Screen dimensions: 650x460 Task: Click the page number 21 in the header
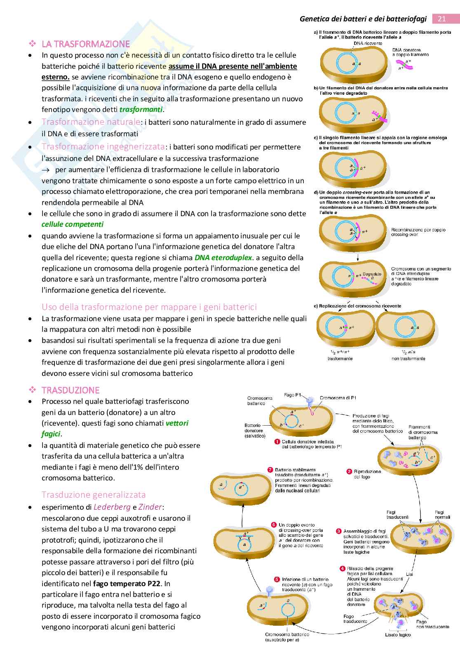pos(441,19)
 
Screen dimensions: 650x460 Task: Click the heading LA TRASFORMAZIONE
pos(86,44)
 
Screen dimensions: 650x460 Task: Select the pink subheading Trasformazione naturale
pos(91,122)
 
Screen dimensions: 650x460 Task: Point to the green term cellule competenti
pos(73,224)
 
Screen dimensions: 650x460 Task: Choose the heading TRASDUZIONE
pos(70,390)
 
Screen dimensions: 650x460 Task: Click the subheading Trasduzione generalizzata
pos(94,494)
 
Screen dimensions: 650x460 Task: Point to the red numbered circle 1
pos(277,442)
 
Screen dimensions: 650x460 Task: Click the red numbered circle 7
pos(270,470)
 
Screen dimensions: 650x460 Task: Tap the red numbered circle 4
pos(342,568)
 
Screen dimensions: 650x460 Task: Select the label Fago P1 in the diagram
pos(293,395)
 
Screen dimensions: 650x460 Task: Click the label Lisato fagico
pos(398,646)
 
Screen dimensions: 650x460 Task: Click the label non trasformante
pos(408,359)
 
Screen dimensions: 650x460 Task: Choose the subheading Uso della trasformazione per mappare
pos(149,307)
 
